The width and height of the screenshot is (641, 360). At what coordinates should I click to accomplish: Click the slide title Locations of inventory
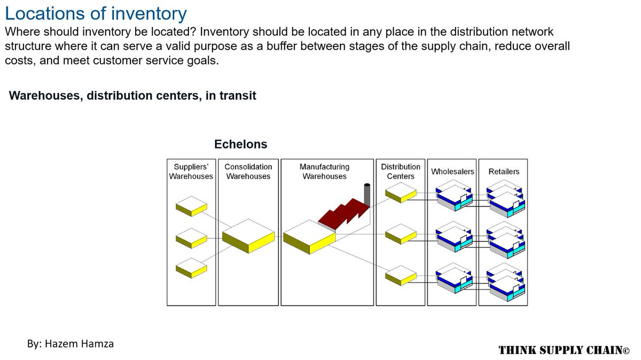(96, 13)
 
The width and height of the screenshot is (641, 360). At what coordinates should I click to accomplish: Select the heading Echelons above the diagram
(240, 144)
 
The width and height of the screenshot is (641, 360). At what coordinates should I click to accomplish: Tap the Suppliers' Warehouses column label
(191, 171)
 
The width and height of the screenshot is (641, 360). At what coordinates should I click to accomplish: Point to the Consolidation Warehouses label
(248, 171)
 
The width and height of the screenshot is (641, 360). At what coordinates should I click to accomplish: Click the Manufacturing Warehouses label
(324, 171)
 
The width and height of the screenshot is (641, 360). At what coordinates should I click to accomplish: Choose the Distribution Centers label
(401, 171)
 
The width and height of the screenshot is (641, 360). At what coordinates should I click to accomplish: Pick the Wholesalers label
(452, 171)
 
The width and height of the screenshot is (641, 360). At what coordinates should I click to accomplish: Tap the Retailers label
(504, 171)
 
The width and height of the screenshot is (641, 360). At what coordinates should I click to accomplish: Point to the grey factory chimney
(367, 195)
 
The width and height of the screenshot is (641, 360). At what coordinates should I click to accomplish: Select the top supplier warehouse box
(191, 205)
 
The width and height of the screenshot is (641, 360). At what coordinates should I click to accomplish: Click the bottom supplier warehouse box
(191, 267)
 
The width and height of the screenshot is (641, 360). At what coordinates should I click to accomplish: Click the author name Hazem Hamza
(71, 343)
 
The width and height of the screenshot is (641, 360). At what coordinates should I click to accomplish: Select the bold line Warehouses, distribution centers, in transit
(132, 96)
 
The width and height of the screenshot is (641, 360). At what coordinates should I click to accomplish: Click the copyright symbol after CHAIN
(626, 350)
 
